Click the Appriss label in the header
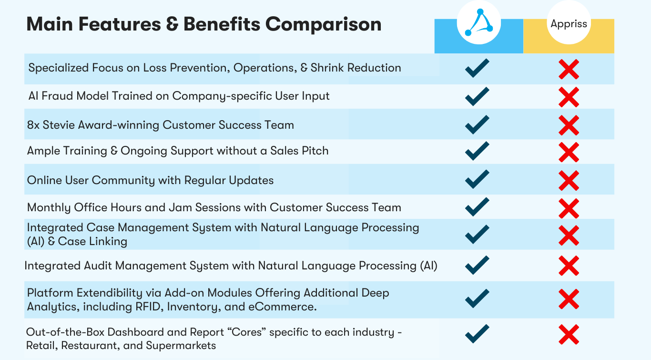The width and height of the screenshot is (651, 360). (569, 24)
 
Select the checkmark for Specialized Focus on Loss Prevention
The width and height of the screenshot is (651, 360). (477, 68)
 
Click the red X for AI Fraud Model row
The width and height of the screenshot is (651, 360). (569, 97)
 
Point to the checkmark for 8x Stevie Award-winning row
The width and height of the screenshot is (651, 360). (477, 124)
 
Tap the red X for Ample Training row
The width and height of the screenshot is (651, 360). (569, 152)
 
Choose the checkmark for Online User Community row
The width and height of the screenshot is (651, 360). (477, 179)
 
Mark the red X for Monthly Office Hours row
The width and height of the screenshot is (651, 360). (569, 208)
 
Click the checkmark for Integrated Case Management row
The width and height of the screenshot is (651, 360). (477, 234)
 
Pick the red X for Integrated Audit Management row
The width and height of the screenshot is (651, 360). (569, 266)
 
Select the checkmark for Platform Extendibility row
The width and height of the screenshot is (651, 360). (477, 298)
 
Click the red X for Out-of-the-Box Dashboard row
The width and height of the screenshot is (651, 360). (569, 334)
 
